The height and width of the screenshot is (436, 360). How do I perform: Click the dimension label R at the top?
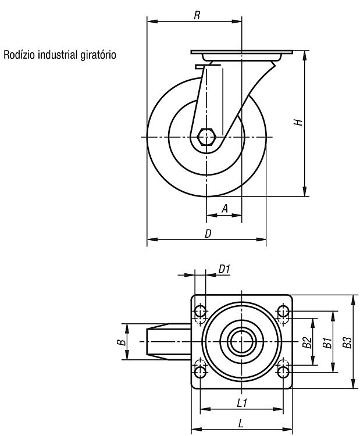point(197,15)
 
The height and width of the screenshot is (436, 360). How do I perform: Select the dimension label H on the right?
point(298,122)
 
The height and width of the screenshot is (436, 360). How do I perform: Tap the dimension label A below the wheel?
point(225,208)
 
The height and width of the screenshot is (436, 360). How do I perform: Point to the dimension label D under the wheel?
point(208,234)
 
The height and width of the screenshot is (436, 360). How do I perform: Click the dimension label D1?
point(224,269)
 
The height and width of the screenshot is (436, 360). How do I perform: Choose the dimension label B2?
point(307,342)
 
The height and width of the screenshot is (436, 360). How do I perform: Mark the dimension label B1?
point(327,342)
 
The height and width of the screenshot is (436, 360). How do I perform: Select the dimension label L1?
point(242,403)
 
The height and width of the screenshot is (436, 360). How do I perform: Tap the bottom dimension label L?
point(241,423)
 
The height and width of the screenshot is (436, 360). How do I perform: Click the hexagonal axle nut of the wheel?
point(206,137)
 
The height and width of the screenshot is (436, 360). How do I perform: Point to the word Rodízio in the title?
point(19,55)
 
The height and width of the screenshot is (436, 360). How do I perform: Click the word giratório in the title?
point(98,55)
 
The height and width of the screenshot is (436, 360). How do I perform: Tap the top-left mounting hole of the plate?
point(200,311)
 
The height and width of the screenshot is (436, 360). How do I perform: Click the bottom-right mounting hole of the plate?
point(283,372)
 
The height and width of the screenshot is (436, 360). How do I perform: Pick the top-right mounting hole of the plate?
point(283,311)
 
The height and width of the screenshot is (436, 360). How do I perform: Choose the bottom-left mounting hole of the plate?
point(200,372)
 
